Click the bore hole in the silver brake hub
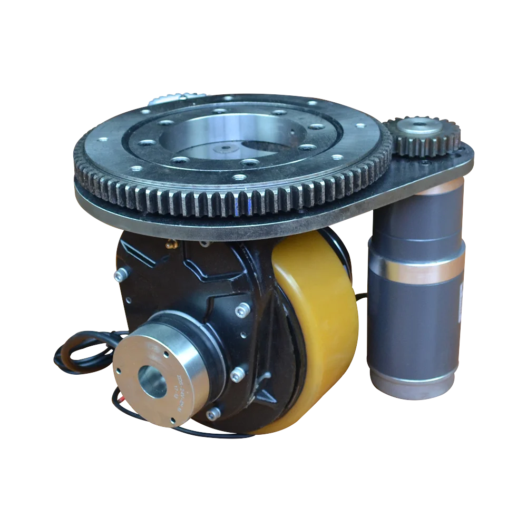[x=152, y=380]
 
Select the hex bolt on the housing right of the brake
[x=237, y=374]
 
